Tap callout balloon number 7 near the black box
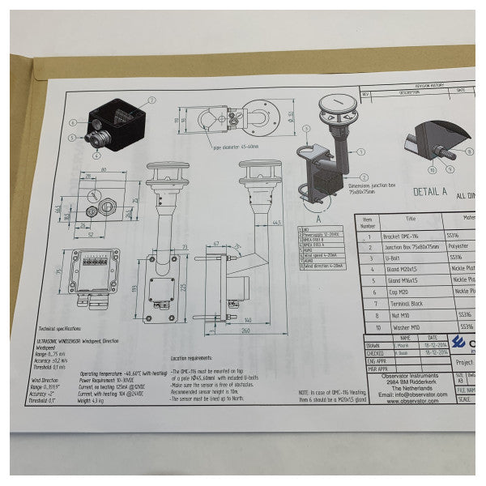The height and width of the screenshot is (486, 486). (x=151, y=101)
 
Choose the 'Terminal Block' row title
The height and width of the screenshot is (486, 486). (x=412, y=302)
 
